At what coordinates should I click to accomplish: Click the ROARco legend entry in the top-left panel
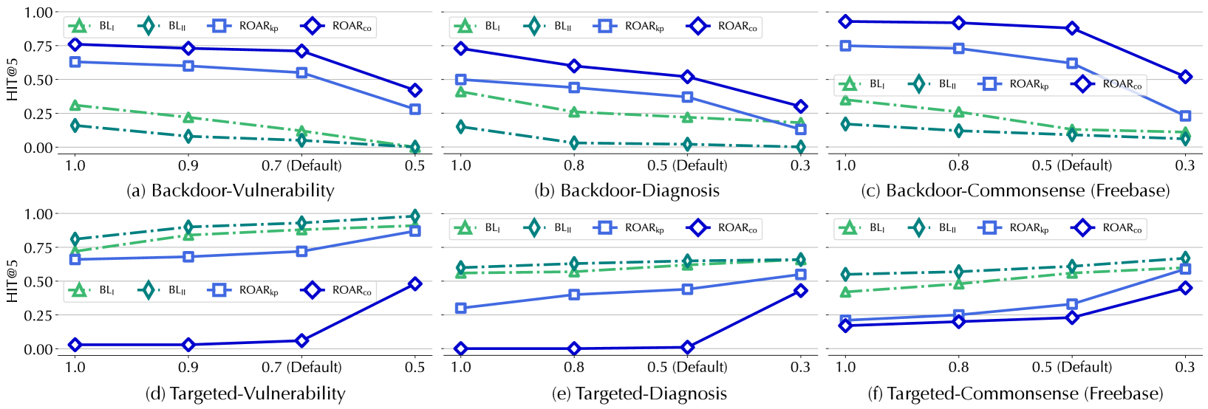tap(337, 27)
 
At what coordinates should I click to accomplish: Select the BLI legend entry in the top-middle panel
tap(477, 27)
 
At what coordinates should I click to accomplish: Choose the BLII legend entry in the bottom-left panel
tap(162, 290)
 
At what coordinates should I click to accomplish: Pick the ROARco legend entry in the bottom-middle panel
tap(723, 228)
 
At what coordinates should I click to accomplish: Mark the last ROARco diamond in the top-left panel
tap(415, 90)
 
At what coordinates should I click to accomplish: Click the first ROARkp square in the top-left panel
tap(75, 62)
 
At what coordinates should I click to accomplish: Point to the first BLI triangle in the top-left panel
tap(75, 106)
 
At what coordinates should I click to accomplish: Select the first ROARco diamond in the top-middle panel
tap(461, 49)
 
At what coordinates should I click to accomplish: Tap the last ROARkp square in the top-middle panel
tap(801, 129)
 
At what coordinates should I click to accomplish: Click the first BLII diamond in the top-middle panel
tap(461, 127)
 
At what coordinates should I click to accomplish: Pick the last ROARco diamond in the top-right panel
tap(1186, 77)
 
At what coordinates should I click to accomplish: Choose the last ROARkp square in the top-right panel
tap(1186, 116)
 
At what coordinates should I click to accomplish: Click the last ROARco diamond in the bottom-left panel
tap(415, 283)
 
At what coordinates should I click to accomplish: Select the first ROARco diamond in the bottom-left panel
tap(75, 345)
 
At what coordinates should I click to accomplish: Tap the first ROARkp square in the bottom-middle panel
tap(461, 308)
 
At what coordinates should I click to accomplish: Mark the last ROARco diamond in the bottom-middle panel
tap(801, 291)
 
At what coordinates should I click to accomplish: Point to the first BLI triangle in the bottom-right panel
tap(846, 292)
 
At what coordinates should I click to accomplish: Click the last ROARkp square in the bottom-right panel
tap(1186, 269)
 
